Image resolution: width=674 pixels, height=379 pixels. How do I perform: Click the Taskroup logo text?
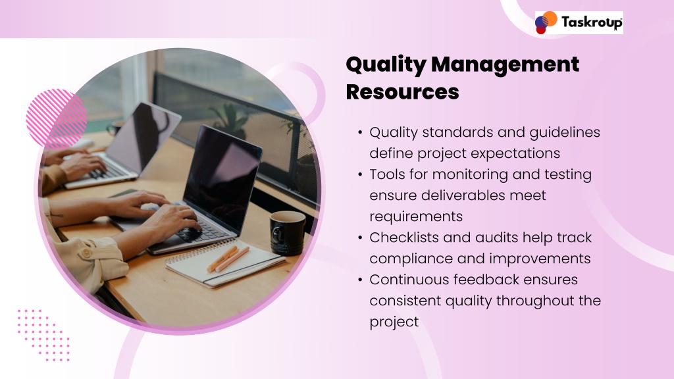pyautogui.click(x=592, y=22)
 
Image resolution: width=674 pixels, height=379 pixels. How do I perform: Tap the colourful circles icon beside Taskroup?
pyautogui.click(x=546, y=22)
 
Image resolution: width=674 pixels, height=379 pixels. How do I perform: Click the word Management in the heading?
pyautogui.click(x=505, y=65)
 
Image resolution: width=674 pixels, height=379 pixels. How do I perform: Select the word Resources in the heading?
pyautogui.click(x=402, y=91)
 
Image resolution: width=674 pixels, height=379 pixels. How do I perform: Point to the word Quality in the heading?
pyautogui.click(x=386, y=65)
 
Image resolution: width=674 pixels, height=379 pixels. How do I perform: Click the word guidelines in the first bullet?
pyautogui.click(x=564, y=132)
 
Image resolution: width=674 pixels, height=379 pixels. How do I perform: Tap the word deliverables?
pyautogui.click(x=462, y=195)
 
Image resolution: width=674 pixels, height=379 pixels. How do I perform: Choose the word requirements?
pyautogui.click(x=416, y=216)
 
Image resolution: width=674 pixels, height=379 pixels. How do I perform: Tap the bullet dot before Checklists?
pyautogui.click(x=360, y=238)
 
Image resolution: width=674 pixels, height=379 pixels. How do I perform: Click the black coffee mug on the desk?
pyautogui.click(x=287, y=232)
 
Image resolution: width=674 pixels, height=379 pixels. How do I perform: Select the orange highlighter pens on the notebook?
pyautogui.click(x=227, y=259)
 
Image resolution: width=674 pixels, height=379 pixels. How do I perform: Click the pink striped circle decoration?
pyautogui.click(x=57, y=119)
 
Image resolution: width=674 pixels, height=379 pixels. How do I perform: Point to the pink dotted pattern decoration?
pyautogui.click(x=43, y=335)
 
